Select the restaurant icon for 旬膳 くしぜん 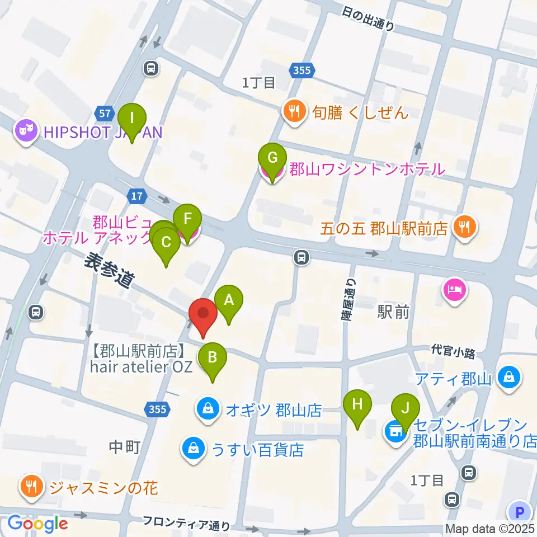(294, 112)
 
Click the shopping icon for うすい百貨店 (193, 449)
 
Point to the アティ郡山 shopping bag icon (510, 379)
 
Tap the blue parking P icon (520, 511)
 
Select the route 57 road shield (103, 114)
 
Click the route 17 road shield (136, 196)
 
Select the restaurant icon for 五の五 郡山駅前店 (463, 228)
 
